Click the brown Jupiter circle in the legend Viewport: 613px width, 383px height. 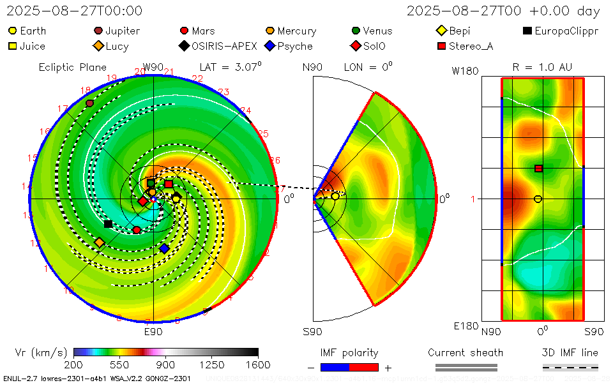click(x=98, y=31)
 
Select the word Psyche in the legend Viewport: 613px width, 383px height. click(x=295, y=46)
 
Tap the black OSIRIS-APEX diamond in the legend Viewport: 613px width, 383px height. click(x=184, y=46)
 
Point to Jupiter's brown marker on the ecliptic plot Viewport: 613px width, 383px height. click(x=89, y=103)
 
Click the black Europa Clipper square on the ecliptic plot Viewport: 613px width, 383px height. click(x=108, y=224)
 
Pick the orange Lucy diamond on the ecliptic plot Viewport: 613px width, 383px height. click(x=99, y=243)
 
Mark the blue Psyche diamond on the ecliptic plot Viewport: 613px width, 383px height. click(x=164, y=248)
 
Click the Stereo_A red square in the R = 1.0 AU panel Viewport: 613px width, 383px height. click(x=538, y=169)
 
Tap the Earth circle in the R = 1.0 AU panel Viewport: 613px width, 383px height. click(x=538, y=199)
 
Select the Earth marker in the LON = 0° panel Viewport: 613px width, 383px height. click(x=335, y=196)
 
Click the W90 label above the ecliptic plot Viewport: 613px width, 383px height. click(x=153, y=67)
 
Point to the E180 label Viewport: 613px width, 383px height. click(x=465, y=326)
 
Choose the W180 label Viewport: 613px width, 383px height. click(x=465, y=71)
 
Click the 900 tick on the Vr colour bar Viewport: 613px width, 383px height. click(x=165, y=364)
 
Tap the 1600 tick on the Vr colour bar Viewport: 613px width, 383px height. click(x=257, y=364)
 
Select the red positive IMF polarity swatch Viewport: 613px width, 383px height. click(x=364, y=367)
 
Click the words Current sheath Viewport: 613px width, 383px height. click(x=465, y=352)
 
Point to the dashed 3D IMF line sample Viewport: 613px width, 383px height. click(x=570, y=367)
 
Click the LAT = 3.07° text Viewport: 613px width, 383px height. click(x=231, y=66)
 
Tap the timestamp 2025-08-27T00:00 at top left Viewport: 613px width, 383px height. click(x=75, y=11)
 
